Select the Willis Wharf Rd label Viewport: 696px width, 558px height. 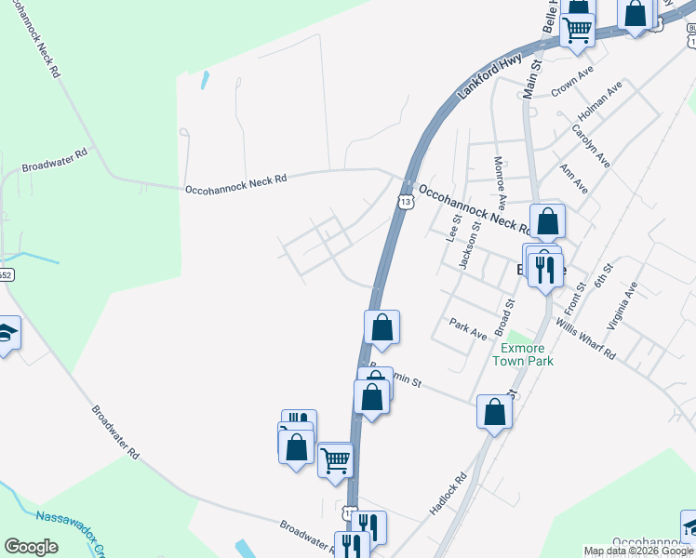585,339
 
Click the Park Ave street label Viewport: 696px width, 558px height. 468,328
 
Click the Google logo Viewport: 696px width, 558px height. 31,547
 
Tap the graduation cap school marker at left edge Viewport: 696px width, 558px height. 7,333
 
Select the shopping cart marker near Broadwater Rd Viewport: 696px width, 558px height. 335,458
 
